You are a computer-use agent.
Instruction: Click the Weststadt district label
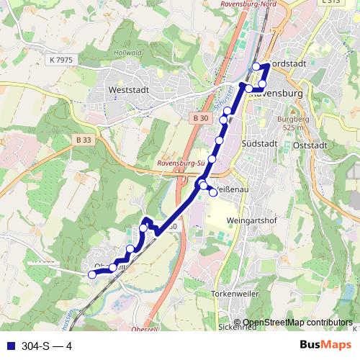[x=127, y=90]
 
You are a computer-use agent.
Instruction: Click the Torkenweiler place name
[x=235, y=294]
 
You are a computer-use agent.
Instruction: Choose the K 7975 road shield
[x=63, y=59]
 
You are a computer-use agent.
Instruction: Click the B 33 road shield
[x=83, y=140]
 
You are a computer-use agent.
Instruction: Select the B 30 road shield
[x=201, y=118]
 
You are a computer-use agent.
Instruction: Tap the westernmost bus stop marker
[x=91, y=274]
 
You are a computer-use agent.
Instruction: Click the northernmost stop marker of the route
[x=256, y=67]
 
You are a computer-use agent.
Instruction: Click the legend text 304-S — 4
[x=45, y=346]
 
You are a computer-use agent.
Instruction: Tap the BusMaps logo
[x=325, y=345]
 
